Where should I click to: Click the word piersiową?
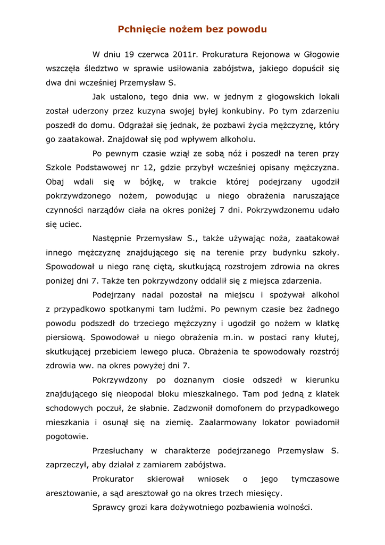pos(65,337)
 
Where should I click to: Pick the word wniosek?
pos(212,479)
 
